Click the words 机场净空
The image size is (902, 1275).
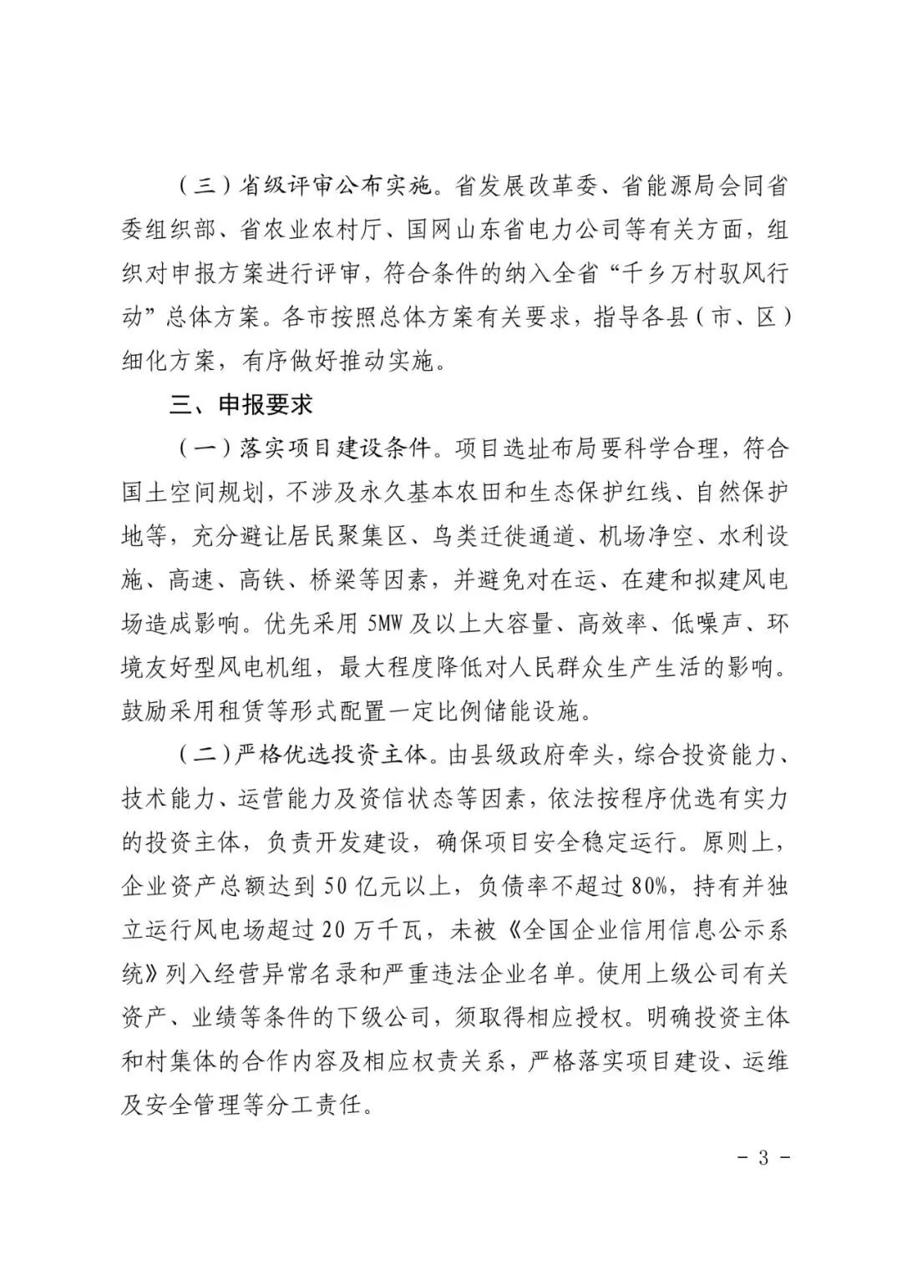(647, 536)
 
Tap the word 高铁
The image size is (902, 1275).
(264, 580)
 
